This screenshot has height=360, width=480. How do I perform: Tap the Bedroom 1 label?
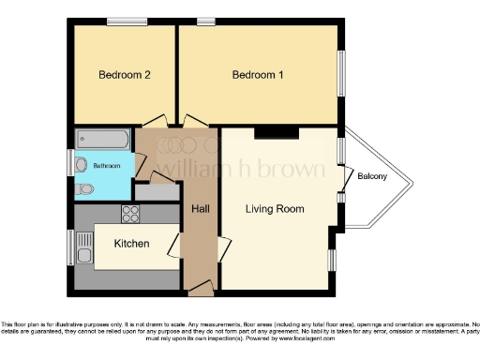click(258, 75)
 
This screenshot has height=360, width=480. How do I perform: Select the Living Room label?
click(275, 209)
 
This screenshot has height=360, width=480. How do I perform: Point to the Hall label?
click(200, 208)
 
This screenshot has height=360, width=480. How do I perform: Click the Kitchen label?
click(131, 244)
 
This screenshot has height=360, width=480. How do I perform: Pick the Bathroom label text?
click(106, 166)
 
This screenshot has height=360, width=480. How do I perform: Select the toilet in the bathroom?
click(85, 188)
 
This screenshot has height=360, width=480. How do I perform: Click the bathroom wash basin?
click(127, 166)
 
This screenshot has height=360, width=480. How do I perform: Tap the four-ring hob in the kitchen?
click(130, 214)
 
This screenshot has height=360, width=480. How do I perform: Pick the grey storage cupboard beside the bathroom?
click(157, 190)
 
